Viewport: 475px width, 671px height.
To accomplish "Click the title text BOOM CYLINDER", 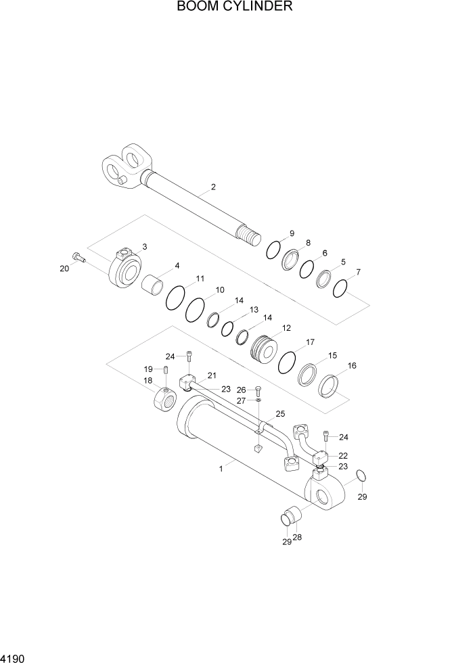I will [x=234, y=7].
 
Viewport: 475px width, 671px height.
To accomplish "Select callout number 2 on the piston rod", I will [x=213, y=187].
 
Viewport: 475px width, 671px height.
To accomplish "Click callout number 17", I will [x=310, y=342].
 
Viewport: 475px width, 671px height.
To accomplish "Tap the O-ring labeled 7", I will [x=340, y=289].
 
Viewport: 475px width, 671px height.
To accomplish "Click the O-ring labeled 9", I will [x=273, y=250].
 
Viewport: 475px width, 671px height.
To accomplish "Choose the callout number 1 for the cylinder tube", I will [x=221, y=467].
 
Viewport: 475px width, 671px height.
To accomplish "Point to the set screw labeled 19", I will [x=165, y=369].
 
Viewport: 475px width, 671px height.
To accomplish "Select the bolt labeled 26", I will [x=258, y=391].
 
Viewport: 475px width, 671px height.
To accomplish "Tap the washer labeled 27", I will [x=258, y=401].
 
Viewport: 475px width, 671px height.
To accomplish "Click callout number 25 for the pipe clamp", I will [x=280, y=414].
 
